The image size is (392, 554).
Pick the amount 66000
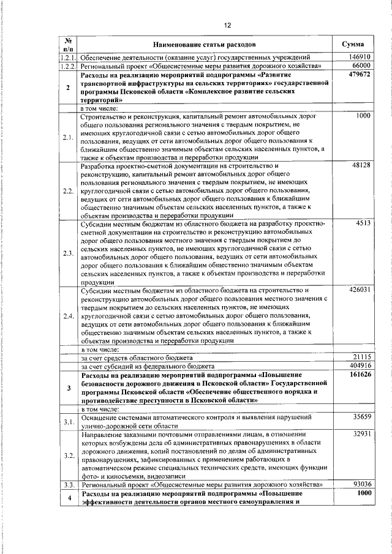(361, 65)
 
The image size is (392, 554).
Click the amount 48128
(361, 166)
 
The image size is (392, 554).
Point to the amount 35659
(361, 417)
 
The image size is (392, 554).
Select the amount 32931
(361, 434)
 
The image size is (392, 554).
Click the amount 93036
(361, 484)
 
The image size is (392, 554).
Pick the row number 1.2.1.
(68, 57)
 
